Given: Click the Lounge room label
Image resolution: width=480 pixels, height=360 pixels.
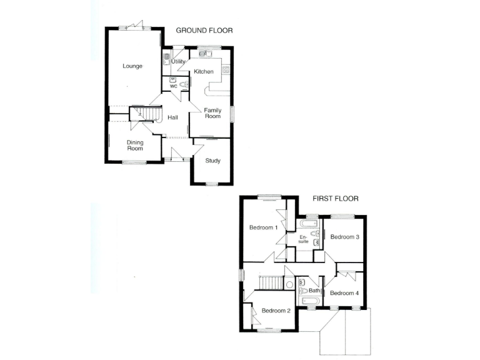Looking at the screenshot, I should pyautogui.click(x=132, y=66).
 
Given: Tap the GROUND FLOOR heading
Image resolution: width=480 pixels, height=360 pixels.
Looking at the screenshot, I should pyautogui.click(x=204, y=30).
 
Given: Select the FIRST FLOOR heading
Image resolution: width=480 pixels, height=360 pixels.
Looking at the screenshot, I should pyautogui.click(x=335, y=199).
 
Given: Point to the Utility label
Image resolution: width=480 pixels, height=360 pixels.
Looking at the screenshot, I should pyautogui.click(x=178, y=62).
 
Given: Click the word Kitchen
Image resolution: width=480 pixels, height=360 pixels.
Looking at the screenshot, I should pyautogui.click(x=204, y=72).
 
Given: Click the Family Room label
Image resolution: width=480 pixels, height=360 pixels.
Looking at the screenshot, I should pyautogui.click(x=213, y=114).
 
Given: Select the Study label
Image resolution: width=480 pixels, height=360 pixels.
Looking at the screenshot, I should pyautogui.click(x=213, y=161).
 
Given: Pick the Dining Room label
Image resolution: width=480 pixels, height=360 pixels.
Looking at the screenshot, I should pyautogui.click(x=135, y=146).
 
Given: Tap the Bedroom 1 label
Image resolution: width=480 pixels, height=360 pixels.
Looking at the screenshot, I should pyautogui.click(x=262, y=227).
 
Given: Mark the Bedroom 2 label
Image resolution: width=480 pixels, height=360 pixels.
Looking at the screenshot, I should pyautogui.click(x=275, y=311).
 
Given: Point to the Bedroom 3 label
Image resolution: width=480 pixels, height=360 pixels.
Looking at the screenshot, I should pyautogui.click(x=344, y=237).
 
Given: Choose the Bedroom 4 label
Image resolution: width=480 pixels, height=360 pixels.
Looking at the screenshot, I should pyautogui.click(x=344, y=293).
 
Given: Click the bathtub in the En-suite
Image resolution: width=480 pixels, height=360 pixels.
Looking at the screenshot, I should pyautogui.click(x=309, y=223).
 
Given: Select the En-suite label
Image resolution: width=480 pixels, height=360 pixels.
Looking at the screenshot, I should pyautogui.click(x=304, y=239).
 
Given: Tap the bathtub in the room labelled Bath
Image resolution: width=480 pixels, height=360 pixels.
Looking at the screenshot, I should pyautogui.click(x=311, y=301).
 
